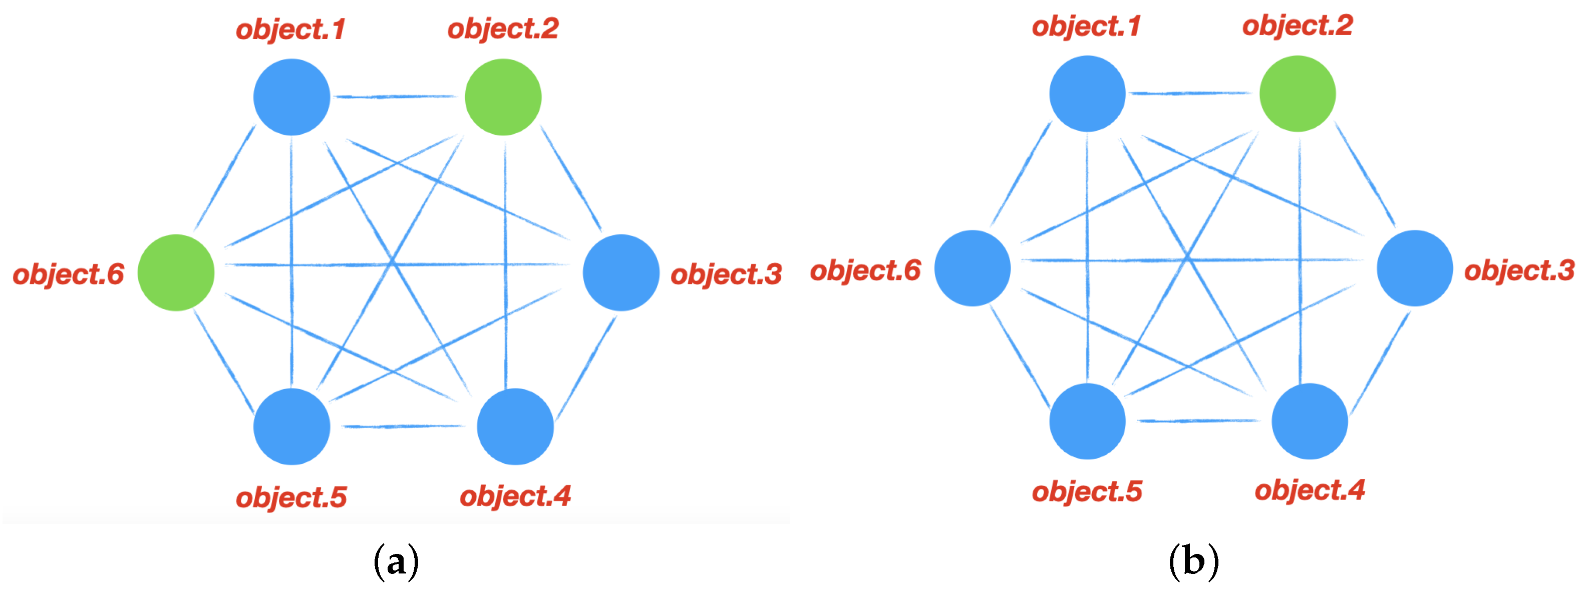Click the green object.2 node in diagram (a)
tap(502, 97)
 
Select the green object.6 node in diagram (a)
tap(176, 272)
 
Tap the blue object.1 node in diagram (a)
tap(291, 97)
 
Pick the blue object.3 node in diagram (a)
tap(620, 272)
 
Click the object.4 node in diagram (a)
tap(515, 426)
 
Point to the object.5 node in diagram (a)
tap(291, 426)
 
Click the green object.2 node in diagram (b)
tap(1297, 94)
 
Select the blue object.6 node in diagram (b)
tap(972, 268)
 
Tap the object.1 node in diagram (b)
tap(1087, 94)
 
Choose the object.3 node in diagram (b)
tap(1414, 268)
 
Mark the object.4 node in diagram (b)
tap(1309, 421)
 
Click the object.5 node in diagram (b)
tap(1087, 421)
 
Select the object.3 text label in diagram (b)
tap(1519, 271)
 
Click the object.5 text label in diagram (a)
tap(291, 498)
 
